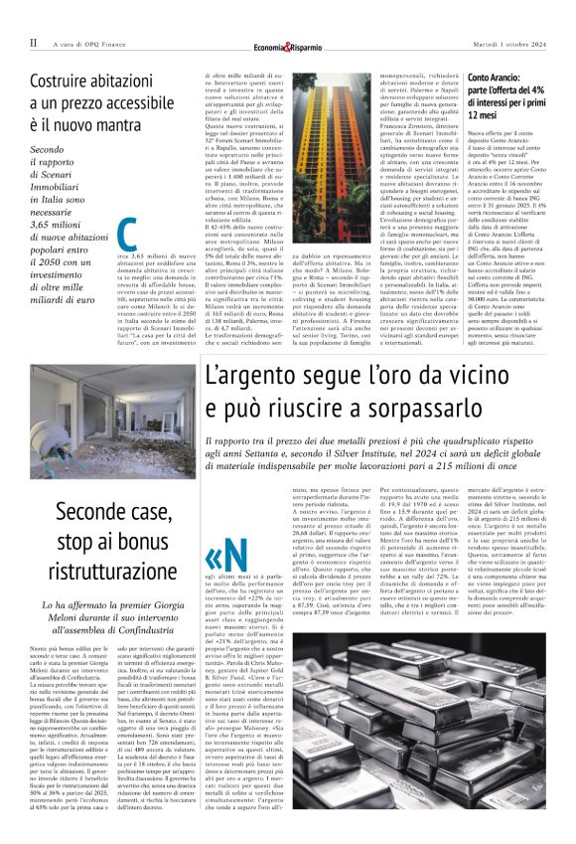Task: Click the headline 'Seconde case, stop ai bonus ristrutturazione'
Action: (109, 553)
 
